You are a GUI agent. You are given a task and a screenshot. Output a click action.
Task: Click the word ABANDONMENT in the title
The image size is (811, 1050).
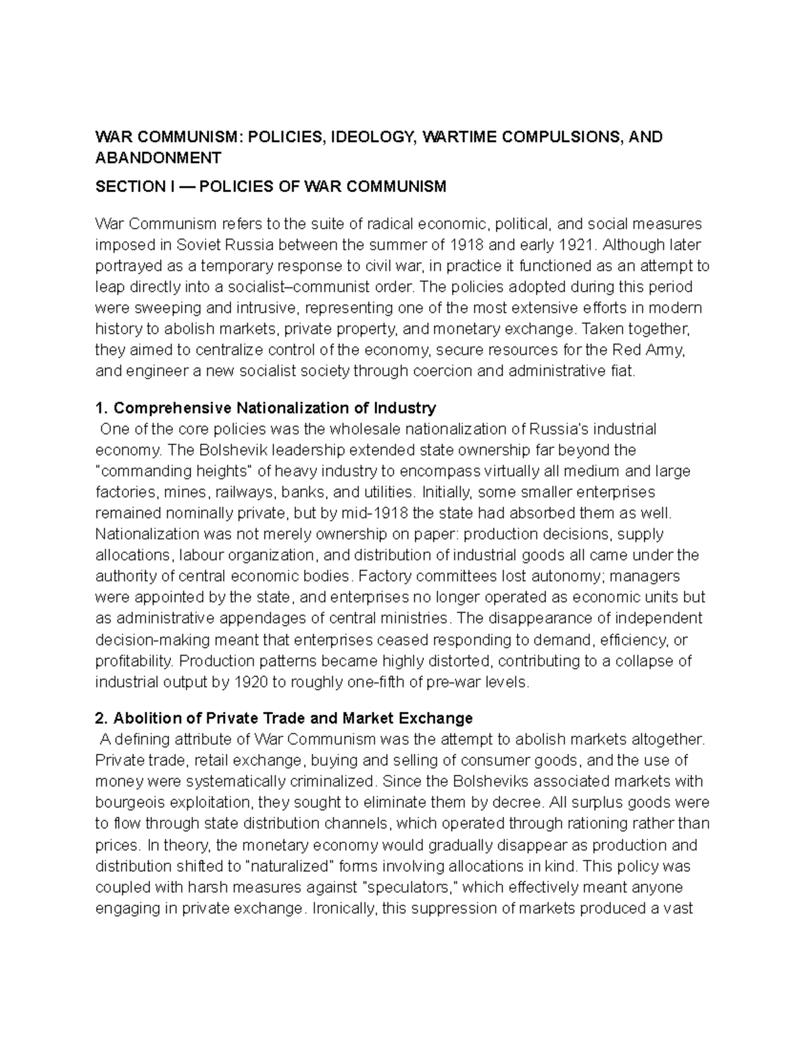(158, 158)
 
